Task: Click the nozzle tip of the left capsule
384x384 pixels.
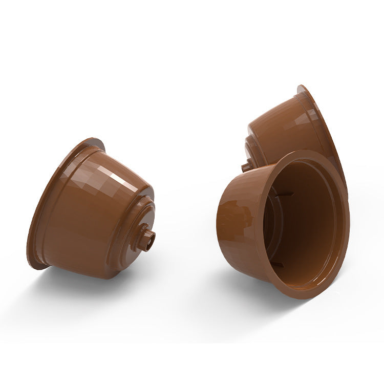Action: (147, 239)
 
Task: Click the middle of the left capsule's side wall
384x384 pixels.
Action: (87, 215)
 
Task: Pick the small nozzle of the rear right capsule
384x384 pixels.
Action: (246, 166)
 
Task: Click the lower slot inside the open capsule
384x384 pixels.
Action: (276, 264)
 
